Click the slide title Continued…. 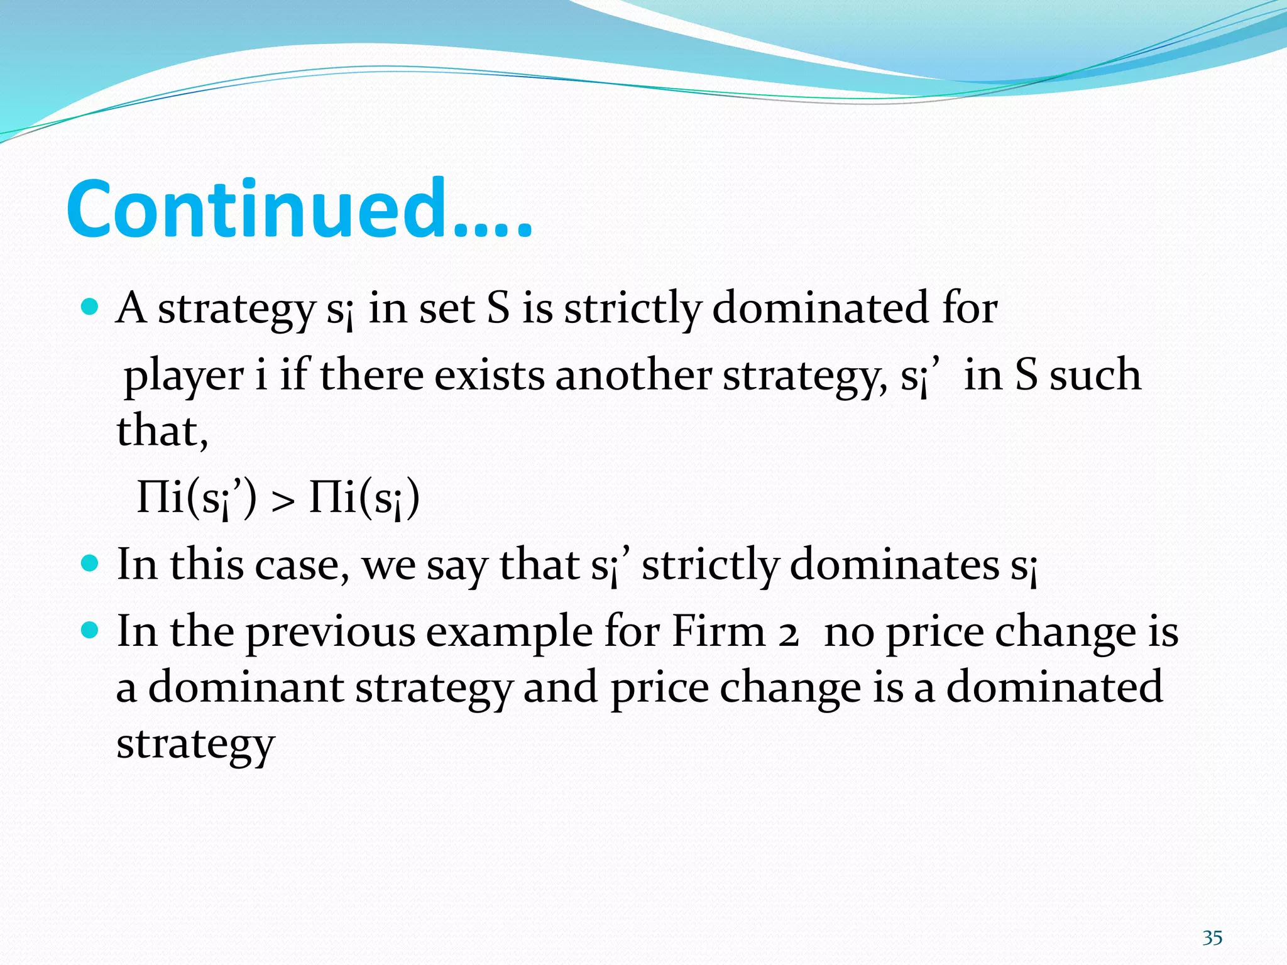299,210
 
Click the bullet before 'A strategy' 90,307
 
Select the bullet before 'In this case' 90,562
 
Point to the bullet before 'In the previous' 90,630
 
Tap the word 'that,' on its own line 162,431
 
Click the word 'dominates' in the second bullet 894,564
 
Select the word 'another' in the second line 633,375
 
